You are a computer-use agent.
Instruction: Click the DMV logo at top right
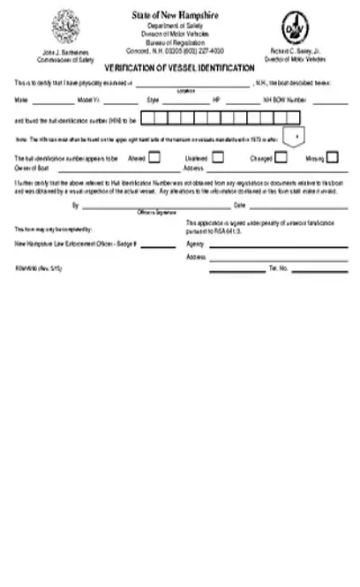click(x=294, y=26)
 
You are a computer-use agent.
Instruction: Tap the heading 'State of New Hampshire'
click(x=180, y=15)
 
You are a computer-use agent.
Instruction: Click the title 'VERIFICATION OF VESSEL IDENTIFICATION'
click(x=180, y=67)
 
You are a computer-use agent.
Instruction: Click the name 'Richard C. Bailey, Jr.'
click(x=295, y=51)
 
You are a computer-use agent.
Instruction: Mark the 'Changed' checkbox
click(x=281, y=158)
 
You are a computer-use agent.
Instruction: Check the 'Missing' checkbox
click(x=333, y=158)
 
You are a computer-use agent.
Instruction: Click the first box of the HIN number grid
click(x=148, y=117)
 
